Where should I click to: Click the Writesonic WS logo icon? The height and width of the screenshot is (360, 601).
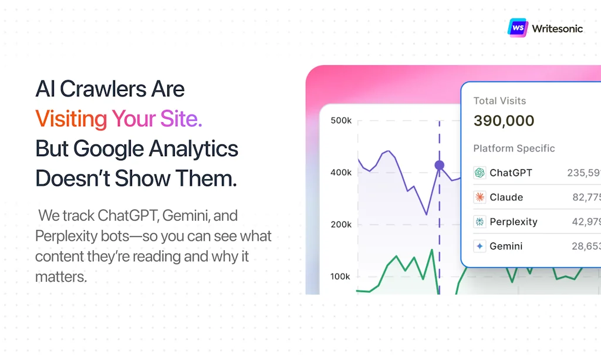point(518,28)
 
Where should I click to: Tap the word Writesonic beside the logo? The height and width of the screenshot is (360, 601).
point(558,29)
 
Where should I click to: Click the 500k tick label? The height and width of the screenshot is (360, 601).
point(341,120)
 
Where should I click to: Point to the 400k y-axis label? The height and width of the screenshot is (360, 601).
point(341,173)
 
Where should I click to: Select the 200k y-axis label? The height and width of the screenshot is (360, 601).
point(341,224)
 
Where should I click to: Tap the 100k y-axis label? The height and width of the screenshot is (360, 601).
point(340,277)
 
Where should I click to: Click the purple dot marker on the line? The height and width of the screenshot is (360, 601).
point(439,165)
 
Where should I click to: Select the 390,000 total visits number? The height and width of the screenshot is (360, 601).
point(504,121)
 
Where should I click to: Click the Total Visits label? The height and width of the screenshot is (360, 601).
point(499,101)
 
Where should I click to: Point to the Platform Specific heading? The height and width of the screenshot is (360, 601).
point(514,149)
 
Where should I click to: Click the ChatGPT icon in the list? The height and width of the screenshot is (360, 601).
point(480,173)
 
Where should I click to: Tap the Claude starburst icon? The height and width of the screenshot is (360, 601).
point(480,197)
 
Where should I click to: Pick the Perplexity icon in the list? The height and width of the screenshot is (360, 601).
point(480,221)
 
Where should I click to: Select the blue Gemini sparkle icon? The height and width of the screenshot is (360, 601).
point(480,246)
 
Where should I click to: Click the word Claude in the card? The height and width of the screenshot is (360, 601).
point(507,197)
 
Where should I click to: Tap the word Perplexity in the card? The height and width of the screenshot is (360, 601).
point(514,222)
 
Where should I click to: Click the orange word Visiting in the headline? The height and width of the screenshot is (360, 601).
point(71,119)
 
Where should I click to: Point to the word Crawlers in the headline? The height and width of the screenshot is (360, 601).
point(103,89)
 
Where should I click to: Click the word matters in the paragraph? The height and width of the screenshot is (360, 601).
point(61,277)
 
